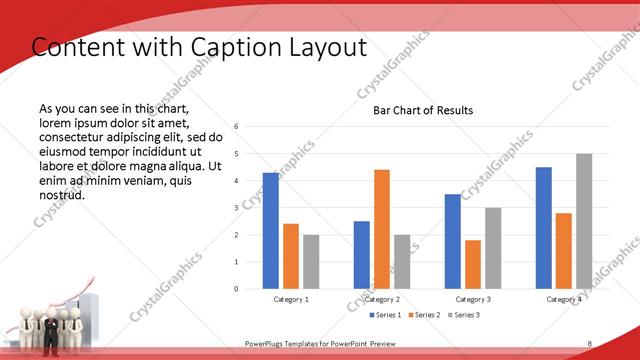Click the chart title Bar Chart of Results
423,110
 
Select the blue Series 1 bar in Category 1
271,231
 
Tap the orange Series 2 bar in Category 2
382,229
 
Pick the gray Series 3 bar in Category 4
584,221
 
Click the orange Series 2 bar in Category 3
473,264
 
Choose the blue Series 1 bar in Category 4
544,228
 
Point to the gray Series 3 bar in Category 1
311,262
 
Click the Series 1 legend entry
387,315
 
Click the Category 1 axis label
291,299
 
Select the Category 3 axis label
473,299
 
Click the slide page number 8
589,344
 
